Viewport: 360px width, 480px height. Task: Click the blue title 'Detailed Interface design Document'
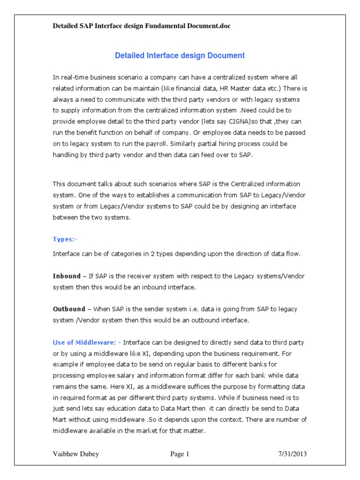180,55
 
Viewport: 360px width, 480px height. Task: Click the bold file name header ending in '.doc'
142,26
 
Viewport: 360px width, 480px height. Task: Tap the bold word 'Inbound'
67,276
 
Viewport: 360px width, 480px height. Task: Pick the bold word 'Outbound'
69,309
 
